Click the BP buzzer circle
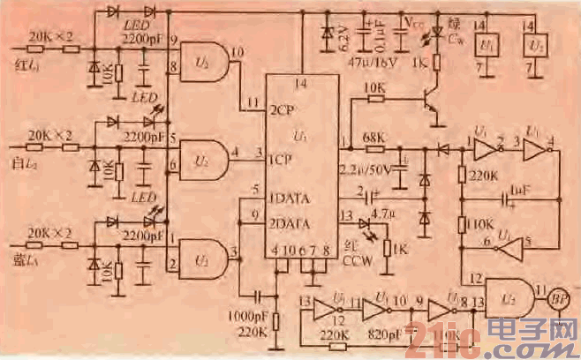click(558, 299)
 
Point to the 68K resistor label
click(373, 136)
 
